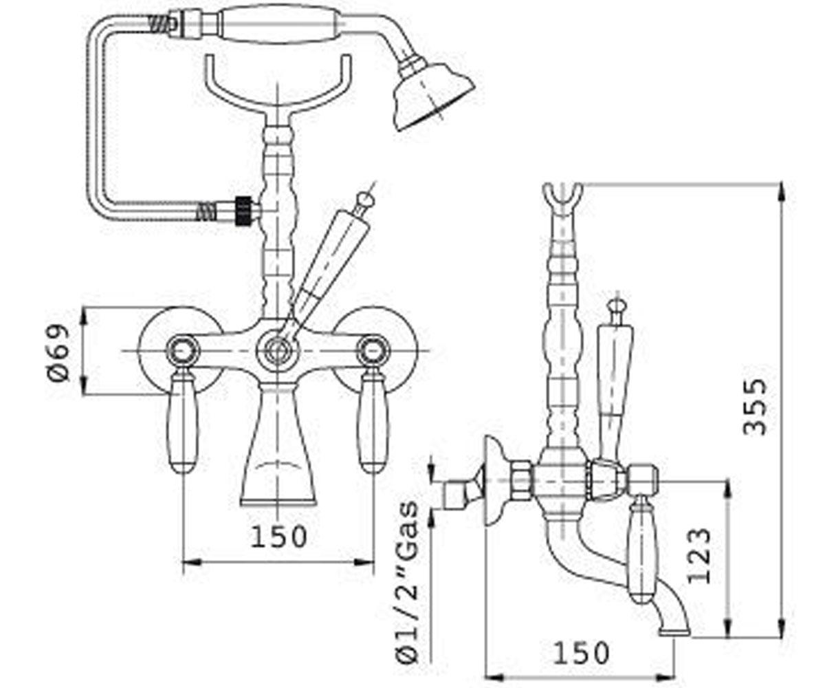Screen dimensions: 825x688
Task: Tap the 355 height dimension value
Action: point(755,407)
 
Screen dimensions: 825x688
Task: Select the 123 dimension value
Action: point(699,555)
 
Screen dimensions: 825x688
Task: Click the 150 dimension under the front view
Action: point(278,537)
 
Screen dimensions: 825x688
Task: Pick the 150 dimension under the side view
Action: point(581,653)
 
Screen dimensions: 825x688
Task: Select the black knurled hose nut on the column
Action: point(243,211)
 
